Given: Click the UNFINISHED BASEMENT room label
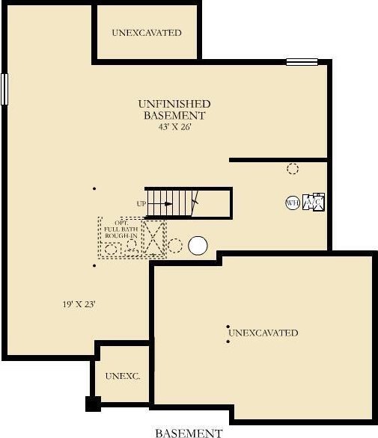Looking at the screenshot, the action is point(174,109).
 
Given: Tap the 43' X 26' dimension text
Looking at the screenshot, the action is point(174,127).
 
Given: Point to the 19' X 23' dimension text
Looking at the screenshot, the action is point(79,304).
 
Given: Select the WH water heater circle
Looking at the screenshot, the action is point(293,203).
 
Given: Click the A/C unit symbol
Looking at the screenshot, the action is point(314,202).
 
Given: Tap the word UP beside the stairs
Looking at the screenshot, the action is point(141,204).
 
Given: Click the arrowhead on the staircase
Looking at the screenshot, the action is point(168,204).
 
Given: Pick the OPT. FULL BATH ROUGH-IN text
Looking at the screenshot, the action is point(121,229).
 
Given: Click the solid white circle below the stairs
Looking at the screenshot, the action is point(198,246).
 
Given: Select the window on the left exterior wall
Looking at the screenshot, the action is point(4,89).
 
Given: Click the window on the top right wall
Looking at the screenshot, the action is point(302,62).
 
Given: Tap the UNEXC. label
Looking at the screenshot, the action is point(123,376).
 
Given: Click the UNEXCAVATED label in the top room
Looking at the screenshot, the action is point(147,33).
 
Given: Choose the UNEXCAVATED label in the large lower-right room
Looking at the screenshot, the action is point(263,333).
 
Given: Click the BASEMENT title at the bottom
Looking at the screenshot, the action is point(189,434).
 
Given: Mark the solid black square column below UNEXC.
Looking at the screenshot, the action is point(93,404).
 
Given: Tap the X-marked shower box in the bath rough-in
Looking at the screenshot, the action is point(153,238).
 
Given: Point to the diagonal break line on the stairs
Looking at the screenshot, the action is point(195,203).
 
